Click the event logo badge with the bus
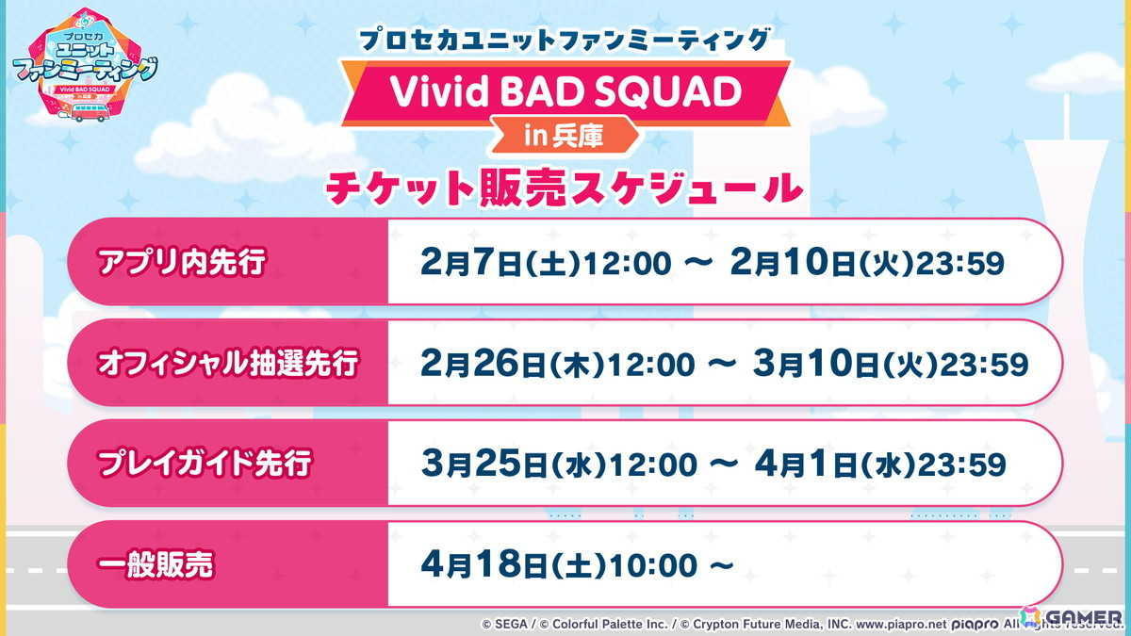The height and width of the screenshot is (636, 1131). tap(85, 66)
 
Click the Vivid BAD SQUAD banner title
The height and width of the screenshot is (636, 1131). tap(565, 92)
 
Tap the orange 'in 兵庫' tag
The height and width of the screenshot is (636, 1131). tap(564, 135)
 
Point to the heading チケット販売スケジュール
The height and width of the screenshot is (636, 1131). tap(564, 188)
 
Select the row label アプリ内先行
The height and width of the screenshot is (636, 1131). tap(181, 262)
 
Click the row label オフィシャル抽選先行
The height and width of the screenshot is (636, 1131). tap(228, 363)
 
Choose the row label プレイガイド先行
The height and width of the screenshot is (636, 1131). tap(205, 464)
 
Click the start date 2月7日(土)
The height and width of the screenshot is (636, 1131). tap(500, 263)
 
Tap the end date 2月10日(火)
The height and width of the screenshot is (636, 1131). tap(823, 263)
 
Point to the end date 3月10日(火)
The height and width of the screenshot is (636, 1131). tap(846, 364)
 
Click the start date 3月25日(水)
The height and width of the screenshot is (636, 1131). tap(514, 465)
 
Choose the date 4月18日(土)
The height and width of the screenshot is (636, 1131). tap(514, 565)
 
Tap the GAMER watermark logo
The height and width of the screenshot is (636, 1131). tap(1072, 617)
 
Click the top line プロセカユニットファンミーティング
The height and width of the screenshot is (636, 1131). tap(565, 40)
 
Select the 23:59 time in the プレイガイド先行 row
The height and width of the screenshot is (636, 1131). tap(962, 465)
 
